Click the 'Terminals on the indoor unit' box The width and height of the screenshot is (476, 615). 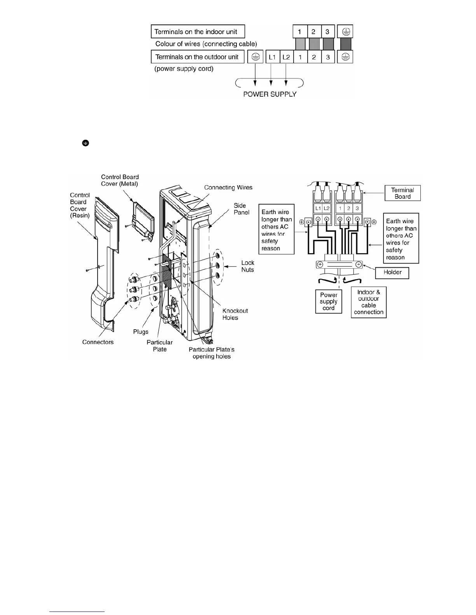198,32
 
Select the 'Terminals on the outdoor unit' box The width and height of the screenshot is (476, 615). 197,57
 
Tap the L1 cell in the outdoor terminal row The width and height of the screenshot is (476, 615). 272,57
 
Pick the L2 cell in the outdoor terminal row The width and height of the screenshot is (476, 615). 286,57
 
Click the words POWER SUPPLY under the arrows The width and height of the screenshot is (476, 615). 269,94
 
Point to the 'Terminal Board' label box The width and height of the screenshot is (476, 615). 402,193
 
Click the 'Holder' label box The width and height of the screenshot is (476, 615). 392,272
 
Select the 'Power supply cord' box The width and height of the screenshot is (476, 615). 329,301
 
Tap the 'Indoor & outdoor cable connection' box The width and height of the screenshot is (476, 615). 369,302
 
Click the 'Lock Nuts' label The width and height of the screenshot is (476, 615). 247,266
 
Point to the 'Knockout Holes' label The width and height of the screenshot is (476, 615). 235,314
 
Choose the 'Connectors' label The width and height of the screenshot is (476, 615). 98,342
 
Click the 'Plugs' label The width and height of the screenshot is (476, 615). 141,332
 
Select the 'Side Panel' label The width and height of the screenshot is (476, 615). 241,209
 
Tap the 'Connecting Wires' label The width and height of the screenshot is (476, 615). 228,188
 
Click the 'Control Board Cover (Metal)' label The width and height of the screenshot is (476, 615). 120,181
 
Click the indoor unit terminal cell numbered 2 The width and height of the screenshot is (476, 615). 313,32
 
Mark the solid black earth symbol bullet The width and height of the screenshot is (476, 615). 86,143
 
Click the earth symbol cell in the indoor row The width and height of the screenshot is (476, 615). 346,32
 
